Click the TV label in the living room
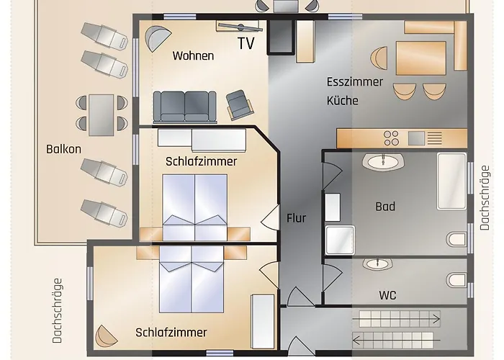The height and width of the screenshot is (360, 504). coord(246,43)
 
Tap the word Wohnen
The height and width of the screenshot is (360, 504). coord(193,55)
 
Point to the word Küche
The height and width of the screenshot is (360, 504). coord(343,101)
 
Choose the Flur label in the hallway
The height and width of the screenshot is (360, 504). coord(296,217)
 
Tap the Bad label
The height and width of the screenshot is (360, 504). coord(385,207)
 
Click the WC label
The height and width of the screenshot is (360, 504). coord(387,295)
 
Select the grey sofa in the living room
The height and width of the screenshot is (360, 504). coord(185,107)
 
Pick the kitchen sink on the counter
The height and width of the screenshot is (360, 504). coord(417,137)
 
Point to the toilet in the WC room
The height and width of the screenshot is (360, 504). coord(455,278)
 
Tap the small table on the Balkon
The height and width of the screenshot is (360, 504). coord(102,112)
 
